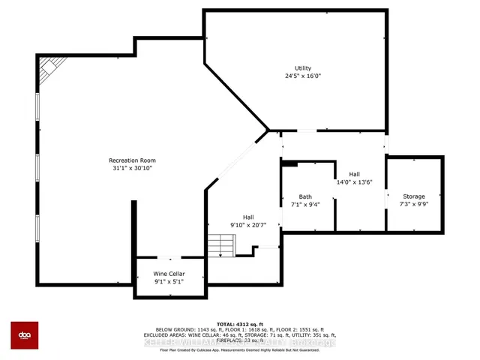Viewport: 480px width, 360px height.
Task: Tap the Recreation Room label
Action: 131,160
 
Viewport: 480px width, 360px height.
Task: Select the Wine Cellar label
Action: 170,274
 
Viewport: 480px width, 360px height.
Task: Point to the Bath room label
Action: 305,197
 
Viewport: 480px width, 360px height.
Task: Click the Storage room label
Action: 413,196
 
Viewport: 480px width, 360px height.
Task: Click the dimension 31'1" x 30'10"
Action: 131,168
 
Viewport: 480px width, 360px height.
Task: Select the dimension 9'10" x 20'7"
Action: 247,224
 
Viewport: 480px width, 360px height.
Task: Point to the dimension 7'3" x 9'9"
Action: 413,203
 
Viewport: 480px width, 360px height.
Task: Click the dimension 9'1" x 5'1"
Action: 170,282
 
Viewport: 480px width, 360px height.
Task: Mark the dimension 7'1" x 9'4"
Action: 305,205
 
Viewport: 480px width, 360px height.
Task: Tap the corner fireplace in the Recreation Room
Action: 48,69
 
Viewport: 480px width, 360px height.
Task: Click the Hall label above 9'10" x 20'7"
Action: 247,217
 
